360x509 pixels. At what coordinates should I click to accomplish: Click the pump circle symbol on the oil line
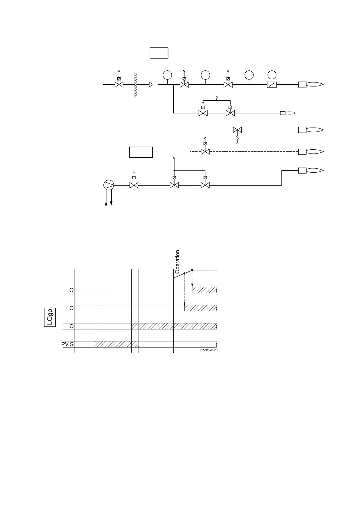point(109,185)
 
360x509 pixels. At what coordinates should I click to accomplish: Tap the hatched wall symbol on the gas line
point(136,85)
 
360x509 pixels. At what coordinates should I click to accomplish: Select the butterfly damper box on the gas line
point(272,85)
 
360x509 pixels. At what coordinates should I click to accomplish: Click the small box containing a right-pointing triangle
point(154,85)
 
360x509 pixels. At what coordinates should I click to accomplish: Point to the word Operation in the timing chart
point(178,261)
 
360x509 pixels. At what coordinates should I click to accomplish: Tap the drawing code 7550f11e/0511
point(209,350)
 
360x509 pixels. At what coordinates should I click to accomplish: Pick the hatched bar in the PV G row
point(116,344)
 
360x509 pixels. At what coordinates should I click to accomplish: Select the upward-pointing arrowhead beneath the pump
point(106,204)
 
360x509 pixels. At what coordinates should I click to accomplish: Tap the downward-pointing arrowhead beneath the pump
point(111,204)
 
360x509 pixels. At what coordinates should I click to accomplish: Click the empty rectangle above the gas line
point(159,53)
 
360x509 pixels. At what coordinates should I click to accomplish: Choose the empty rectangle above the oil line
point(141,152)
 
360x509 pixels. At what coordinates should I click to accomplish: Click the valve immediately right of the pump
point(134,185)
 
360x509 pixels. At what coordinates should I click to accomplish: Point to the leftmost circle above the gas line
point(167,75)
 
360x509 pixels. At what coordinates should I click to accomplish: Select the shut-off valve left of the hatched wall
point(119,85)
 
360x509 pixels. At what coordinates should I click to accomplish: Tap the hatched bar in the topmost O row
point(205,290)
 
